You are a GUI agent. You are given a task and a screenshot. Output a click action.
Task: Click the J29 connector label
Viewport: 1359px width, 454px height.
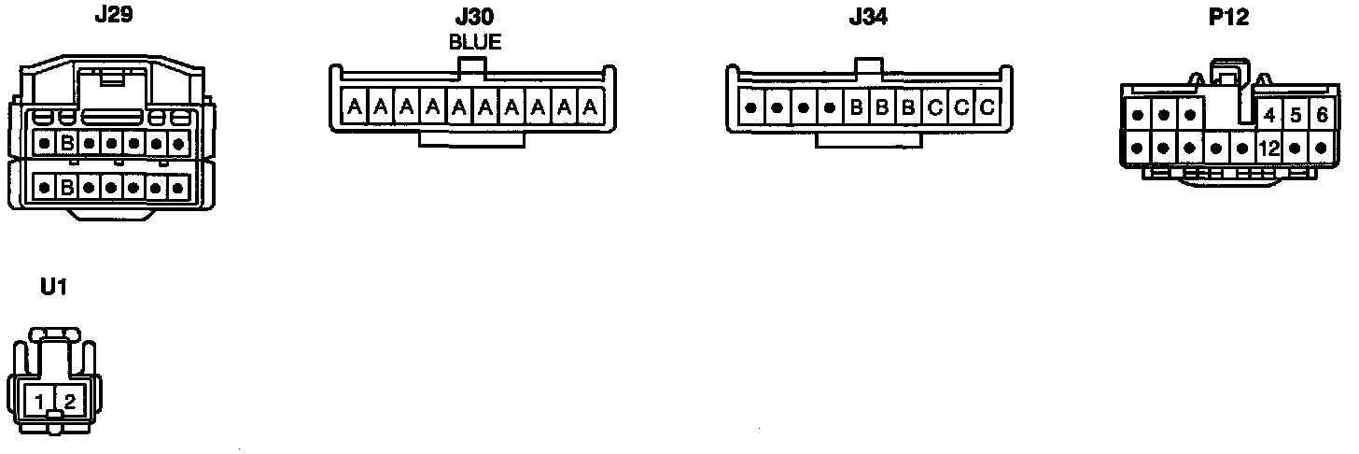(x=113, y=16)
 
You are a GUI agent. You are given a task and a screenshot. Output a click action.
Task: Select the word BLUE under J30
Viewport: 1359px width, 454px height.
(x=474, y=42)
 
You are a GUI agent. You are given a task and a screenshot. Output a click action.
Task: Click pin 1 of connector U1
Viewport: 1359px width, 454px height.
(x=39, y=403)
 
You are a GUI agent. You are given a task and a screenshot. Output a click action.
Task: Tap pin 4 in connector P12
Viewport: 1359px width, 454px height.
(x=1268, y=117)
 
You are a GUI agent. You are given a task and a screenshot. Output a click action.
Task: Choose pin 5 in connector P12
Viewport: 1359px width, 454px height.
(x=1296, y=117)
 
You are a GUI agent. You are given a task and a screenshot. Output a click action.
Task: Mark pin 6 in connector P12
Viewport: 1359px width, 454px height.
(x=1322, y=117)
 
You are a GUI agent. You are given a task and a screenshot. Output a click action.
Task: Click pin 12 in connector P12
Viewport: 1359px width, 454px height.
(x=1268, y=148)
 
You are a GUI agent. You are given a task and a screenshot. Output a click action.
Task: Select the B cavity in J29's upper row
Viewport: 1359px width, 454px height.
(x=67, y=145)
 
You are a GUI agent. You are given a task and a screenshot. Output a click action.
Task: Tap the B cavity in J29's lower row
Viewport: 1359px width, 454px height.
(x=67, y=188)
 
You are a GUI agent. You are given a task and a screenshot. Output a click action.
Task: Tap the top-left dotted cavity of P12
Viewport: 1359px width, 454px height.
(x=1138, y=117)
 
